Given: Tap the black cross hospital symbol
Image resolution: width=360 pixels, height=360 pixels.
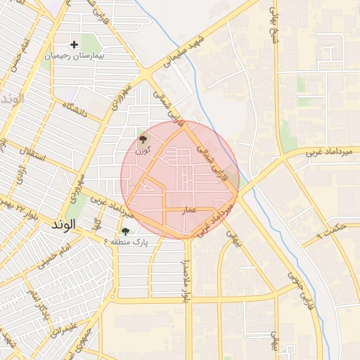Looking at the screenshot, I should (74, 44).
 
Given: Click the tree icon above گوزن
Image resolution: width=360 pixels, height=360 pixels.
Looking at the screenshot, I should (143, 139).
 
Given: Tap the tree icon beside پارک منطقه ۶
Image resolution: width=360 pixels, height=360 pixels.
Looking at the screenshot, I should (125, 231).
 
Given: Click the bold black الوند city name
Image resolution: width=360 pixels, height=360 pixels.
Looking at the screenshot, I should (67, 225).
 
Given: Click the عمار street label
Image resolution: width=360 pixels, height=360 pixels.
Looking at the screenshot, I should (189, 210).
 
